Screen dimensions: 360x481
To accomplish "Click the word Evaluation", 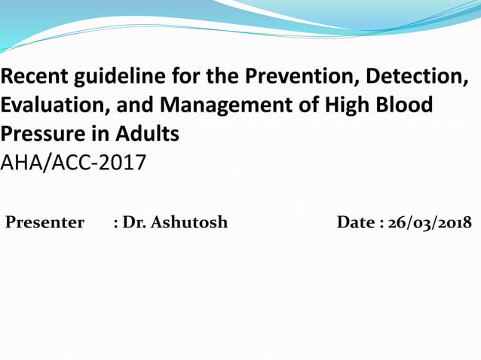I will point(50,105).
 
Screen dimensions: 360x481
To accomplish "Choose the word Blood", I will point(409,105).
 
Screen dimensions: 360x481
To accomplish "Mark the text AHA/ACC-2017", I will point(73,163).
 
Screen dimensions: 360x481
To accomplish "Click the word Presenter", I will point(44,223).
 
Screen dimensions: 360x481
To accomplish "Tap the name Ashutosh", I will point(189,223).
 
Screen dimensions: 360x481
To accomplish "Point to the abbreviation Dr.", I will point(134,223).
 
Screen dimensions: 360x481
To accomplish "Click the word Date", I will point(357,223).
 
